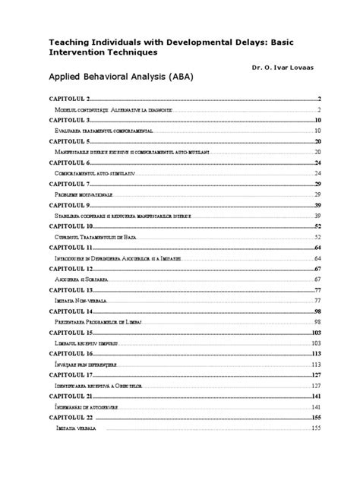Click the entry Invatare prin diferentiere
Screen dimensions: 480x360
tap(88, 365)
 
